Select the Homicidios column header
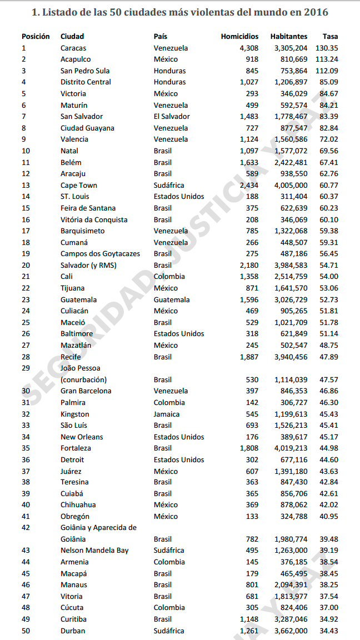pos(239,36)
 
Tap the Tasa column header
pos(330,36)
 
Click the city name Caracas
pos(73,48)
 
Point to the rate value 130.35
pos(327,48)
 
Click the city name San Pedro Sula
pos(85,71)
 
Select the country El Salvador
pos(172,116)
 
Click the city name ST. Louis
pos(75,196)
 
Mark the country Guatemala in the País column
pos(172,299)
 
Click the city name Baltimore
pos(77,333)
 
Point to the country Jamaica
pos(167,414)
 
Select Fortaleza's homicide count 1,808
pos(249,448)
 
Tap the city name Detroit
pos(72,459)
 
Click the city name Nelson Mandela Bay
pos(94,550)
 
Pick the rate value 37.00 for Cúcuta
pos(328,607)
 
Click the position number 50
pos(26,631)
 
